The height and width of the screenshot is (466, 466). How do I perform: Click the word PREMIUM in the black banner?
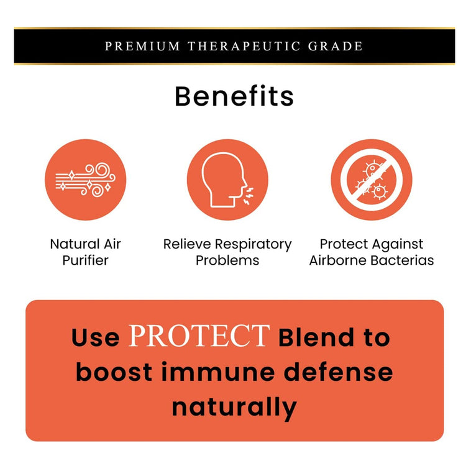click(142, 47)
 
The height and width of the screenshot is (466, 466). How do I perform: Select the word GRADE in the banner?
click(336, 47)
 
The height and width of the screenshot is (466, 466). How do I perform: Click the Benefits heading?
click(234, 96)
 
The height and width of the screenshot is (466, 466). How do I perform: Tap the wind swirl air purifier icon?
click(86, 180)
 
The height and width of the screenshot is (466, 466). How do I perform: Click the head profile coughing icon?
click(227, 180)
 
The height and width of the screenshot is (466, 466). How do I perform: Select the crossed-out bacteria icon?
click(372, 180)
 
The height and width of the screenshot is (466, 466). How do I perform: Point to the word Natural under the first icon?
click(70, 244)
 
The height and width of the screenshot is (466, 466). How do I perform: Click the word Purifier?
click(85, 260)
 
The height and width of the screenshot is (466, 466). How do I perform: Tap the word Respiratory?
click(254, 245)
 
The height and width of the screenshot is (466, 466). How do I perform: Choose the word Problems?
click(227, 260)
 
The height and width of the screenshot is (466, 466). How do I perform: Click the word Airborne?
click(338, 260)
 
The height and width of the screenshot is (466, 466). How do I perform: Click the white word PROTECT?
click(199, 336)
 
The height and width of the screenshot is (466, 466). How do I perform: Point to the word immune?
click(218, 372)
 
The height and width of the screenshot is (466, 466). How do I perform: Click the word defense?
click(338, 372)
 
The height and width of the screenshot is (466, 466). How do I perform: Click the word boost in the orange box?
click(114, 372)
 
